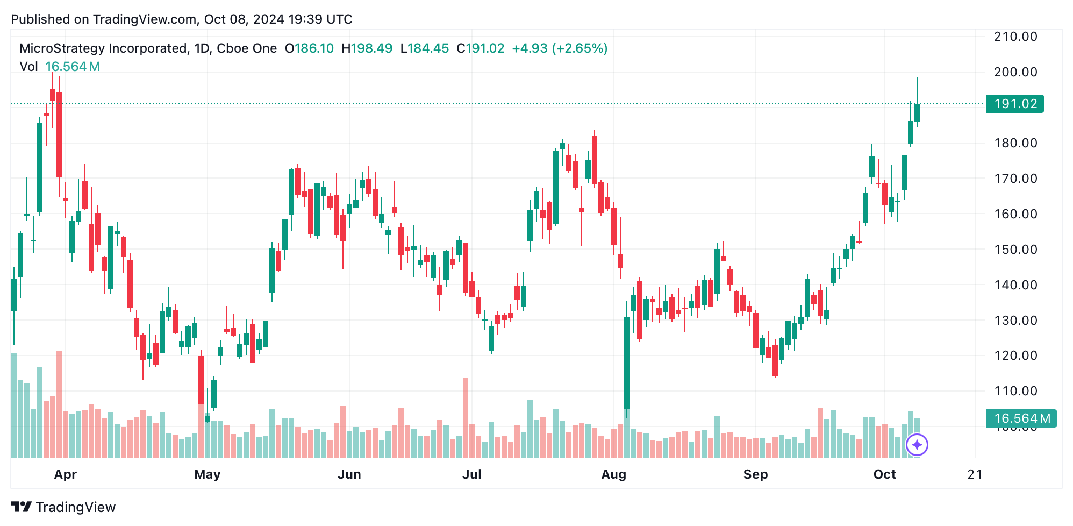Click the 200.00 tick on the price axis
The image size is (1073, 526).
(1015, 72)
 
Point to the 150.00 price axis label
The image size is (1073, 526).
(1015, 250)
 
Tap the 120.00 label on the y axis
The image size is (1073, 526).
(1015, 356)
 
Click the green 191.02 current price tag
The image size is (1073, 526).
(1014, 104)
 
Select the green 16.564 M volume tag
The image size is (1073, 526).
(1020, 418)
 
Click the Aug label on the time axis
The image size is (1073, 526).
(613, 474)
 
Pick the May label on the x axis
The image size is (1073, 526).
(208, 474)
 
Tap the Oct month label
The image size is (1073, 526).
(884, 474)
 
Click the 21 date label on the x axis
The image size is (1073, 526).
(974, 474)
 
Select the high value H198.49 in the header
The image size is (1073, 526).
(367, 48)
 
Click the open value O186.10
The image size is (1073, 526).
(309, 48)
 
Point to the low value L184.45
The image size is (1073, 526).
(425, 48)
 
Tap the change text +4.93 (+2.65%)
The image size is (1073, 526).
(559, 48)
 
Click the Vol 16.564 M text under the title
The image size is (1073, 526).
(60, 67)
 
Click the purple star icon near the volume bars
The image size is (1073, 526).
(917, 445)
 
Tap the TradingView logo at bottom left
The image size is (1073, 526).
(63, 507)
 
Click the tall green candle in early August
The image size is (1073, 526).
(627, 363)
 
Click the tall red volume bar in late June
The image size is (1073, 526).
(466, 417)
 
